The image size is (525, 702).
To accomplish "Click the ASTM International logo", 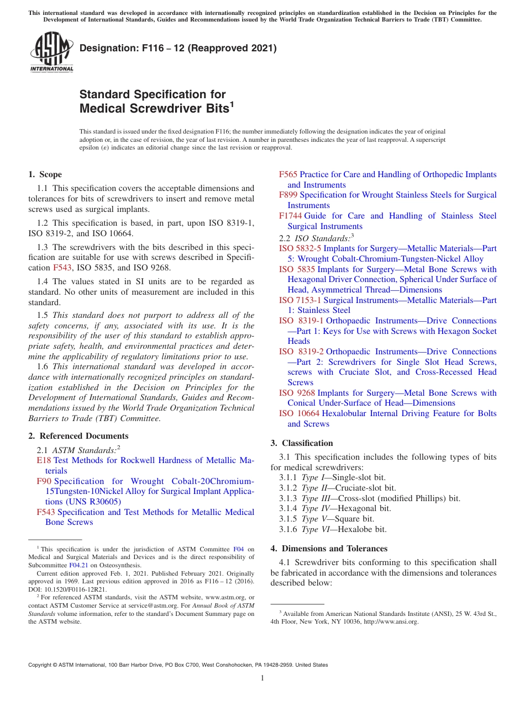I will [51, 52].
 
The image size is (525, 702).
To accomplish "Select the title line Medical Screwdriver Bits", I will [154, 109].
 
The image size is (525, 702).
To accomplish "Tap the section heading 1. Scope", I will [45, 174].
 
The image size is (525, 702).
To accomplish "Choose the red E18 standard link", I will [44, 460].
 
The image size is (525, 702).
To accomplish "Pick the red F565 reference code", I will [288, 174].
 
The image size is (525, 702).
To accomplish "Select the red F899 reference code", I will [288, 195].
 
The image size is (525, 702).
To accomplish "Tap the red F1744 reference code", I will [290, 216].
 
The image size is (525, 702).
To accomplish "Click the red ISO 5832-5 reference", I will [300, 248].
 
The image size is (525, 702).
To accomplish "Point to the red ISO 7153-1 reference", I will [300, 300].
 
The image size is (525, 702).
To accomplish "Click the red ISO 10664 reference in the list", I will [299, 413].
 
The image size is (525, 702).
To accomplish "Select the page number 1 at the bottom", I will [262, 678].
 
